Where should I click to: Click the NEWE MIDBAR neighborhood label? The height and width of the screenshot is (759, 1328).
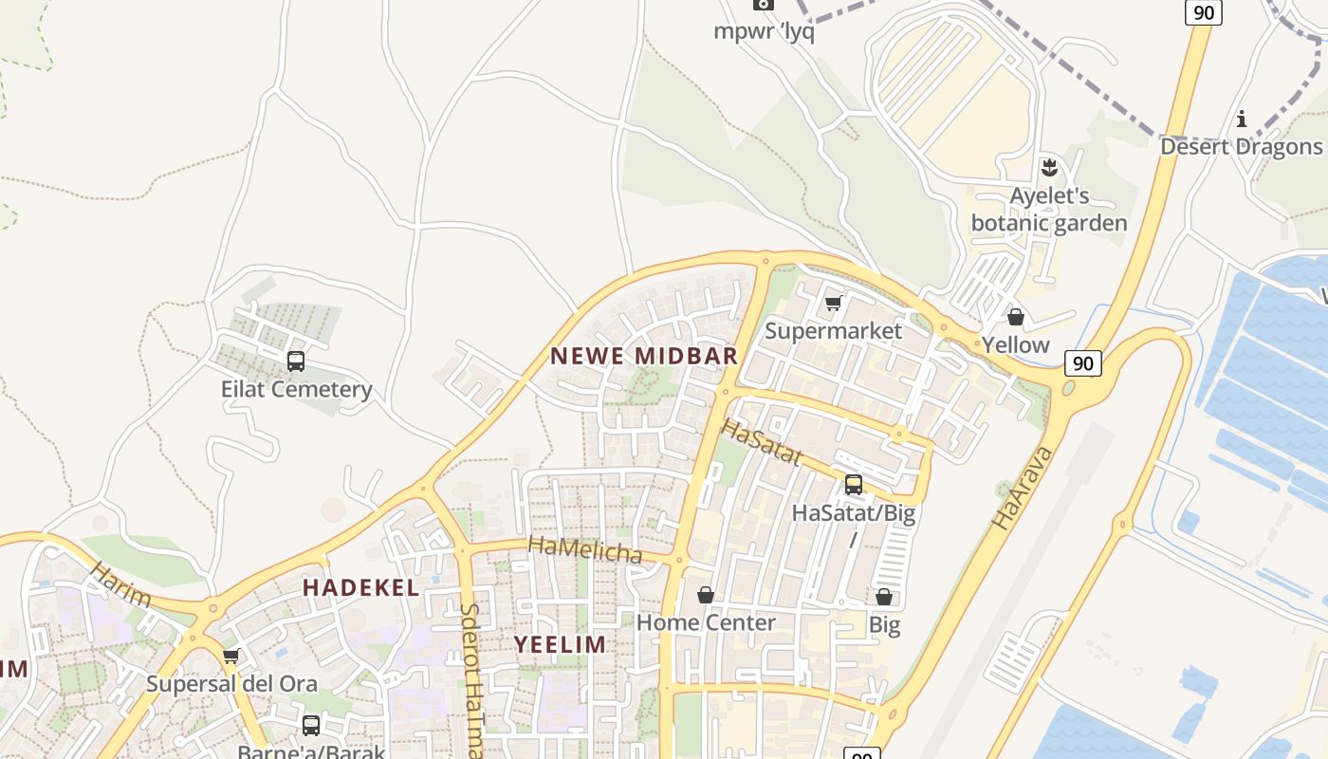pyautogui.click(x=644, y=357)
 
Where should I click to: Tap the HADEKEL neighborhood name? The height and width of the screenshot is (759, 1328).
pyautogui.click(x=360, y=588)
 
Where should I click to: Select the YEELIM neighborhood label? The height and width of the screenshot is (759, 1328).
pyautogui.click(x=560, y=645)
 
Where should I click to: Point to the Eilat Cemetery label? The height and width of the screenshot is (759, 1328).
pyautogui.click(x=296, y=389)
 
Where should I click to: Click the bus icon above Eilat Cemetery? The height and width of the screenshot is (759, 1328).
pyautogui.click(x=296, y=361)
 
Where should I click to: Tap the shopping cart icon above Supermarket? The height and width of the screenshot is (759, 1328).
pyautogui.click(x=833, y=304)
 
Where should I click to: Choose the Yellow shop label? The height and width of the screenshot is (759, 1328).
pyautogui.click(x=1015, y=344)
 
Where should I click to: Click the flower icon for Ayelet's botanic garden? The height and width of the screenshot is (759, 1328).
pyautogui.click(x=1048, y=169)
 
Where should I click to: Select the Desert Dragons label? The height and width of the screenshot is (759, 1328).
pyautogui.click(x=1241, y=146)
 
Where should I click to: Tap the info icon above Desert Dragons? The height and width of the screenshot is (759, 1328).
pyautogui.click(x=1241, y=120)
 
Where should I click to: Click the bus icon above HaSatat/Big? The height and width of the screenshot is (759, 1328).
pyautogui.click(x=854, y=485)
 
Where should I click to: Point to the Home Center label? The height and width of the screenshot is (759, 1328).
pyautogui.click(x=706, y=622)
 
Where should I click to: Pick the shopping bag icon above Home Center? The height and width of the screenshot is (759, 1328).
pyautogui.click(x=706, y=595)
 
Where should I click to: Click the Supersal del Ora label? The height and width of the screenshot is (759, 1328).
pyautogui.click(x=231, y=683)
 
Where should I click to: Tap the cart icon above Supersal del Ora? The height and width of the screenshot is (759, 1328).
pyautogui.click(x=231, y=656)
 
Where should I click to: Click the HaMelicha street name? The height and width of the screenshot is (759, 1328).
pyautogui.click(x=584, y=548)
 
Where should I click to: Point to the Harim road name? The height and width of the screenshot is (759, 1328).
pyautogui.click(x=120, y=583)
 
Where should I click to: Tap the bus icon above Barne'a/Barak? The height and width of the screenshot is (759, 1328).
pyautogui.click(x=310, y=726)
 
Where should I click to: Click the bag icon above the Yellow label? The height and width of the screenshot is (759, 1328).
pyautogui.click(x=1015, y=317)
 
